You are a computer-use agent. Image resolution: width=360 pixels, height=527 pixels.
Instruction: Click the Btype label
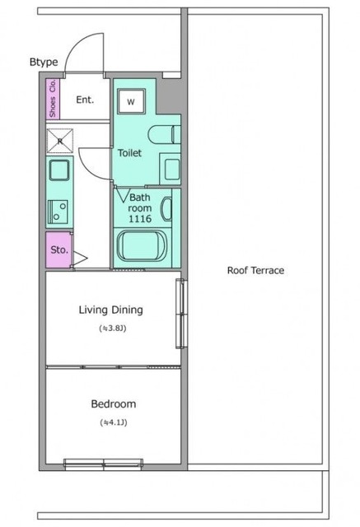[44, 63]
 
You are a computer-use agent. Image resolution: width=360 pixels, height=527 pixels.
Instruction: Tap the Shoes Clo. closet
[53, 99]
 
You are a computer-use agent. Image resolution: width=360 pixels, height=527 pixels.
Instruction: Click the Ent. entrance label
[85, 100]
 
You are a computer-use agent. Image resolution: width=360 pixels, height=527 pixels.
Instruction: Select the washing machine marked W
[131, 101]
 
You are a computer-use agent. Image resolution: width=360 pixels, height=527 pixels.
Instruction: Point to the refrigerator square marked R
[60, 141]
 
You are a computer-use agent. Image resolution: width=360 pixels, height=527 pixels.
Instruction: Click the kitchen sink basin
[59, 170]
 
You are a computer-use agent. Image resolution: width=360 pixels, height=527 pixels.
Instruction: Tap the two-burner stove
[58, 212]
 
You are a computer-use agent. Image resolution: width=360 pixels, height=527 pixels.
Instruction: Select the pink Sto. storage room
[58, 250]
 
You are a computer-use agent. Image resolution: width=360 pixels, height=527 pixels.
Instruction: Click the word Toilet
[129, 153]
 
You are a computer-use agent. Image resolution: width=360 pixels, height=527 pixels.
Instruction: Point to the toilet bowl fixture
[165, 134]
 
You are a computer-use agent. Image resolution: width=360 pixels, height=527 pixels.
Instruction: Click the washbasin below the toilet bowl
[172, 169]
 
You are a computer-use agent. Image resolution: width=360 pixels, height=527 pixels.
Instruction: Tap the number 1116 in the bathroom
[140, 219]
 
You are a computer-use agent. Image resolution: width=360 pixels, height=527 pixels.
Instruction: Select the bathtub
[143, 245]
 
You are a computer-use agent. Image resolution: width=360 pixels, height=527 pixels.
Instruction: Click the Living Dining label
[111, 310]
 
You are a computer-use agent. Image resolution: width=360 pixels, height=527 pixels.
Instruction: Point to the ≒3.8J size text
[113, 328]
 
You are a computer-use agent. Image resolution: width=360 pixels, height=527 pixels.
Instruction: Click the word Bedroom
[114, 403]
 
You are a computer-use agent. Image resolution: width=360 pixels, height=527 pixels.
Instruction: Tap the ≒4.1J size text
[114, 422]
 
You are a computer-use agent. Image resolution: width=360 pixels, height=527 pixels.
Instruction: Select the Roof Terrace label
[256, 270]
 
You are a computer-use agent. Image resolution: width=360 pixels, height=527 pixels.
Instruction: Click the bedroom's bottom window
[104, 464]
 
